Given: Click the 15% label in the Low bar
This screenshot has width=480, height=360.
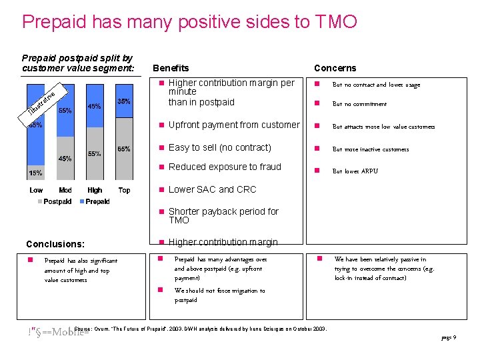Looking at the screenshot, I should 35,173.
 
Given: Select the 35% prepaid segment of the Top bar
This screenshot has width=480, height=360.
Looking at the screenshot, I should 123,101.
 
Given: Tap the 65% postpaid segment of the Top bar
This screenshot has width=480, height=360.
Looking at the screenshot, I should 123,149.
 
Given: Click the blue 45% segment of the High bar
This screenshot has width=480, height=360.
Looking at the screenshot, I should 95,107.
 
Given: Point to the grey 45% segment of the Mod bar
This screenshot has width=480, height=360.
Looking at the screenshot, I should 65,159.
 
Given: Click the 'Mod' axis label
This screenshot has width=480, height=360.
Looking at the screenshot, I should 65,191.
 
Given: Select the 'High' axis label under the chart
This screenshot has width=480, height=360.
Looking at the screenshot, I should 95,191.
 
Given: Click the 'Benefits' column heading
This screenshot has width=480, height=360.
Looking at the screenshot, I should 171,68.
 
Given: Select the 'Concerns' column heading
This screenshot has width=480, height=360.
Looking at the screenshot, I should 335,68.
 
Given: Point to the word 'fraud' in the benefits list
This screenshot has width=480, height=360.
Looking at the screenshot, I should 269,167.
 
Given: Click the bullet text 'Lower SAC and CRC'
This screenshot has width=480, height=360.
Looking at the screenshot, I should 212,189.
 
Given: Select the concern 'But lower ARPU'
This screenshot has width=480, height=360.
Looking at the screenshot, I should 355,171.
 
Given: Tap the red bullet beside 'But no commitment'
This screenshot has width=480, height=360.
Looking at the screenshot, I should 319,104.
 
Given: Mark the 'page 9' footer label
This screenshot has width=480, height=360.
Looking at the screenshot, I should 448,338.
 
